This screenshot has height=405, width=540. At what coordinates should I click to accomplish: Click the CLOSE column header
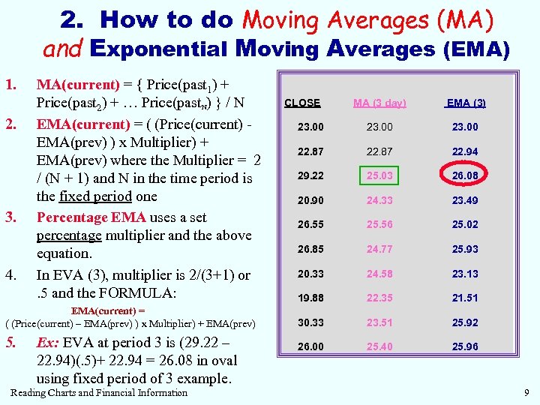[x=302, y=103]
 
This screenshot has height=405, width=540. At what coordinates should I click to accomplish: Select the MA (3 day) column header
[x=379, y=103]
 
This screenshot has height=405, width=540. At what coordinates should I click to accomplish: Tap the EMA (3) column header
[x=465, y=103]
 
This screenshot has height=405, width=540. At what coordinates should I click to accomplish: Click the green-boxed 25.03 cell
[x=379, y=176]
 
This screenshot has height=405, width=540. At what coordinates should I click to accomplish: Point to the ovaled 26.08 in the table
[x=465, y=176]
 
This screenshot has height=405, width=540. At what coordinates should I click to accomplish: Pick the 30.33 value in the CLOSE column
[x=310, y=323]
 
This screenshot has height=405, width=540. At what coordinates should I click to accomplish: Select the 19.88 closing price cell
[x=310, y=298]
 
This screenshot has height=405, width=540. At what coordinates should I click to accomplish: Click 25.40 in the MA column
[x=379, y=347]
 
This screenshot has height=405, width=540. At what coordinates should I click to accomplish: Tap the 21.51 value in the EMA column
[x=465, y=298]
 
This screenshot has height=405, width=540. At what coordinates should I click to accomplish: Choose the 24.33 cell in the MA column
[x=379, y=200]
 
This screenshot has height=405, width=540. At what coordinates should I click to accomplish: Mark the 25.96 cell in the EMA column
[x=465, y=347]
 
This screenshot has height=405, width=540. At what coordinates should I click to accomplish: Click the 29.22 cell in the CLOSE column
[x=310, y=176]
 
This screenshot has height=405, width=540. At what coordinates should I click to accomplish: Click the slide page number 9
[x=526, y=392]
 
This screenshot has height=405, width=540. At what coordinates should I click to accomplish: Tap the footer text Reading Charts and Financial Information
[x=99, y=392]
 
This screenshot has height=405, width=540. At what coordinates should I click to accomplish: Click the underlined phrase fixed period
[x=94, y=196]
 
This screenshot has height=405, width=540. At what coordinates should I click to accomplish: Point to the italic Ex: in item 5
[x=49, y=342]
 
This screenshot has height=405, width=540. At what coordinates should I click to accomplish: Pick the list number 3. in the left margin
[x=11, y=217]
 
